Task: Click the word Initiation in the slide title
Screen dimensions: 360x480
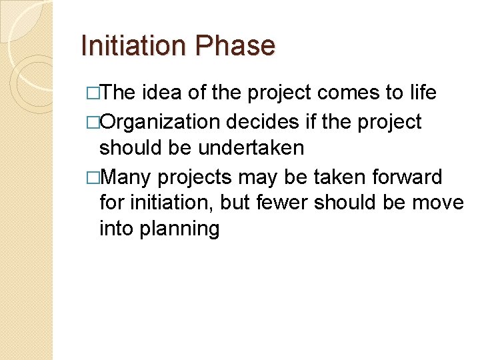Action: pos(134,46)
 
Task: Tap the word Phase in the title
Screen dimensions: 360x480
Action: pos(235,46)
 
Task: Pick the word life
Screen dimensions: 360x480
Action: pos(423,93)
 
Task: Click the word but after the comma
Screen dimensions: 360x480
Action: pos(232,203)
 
